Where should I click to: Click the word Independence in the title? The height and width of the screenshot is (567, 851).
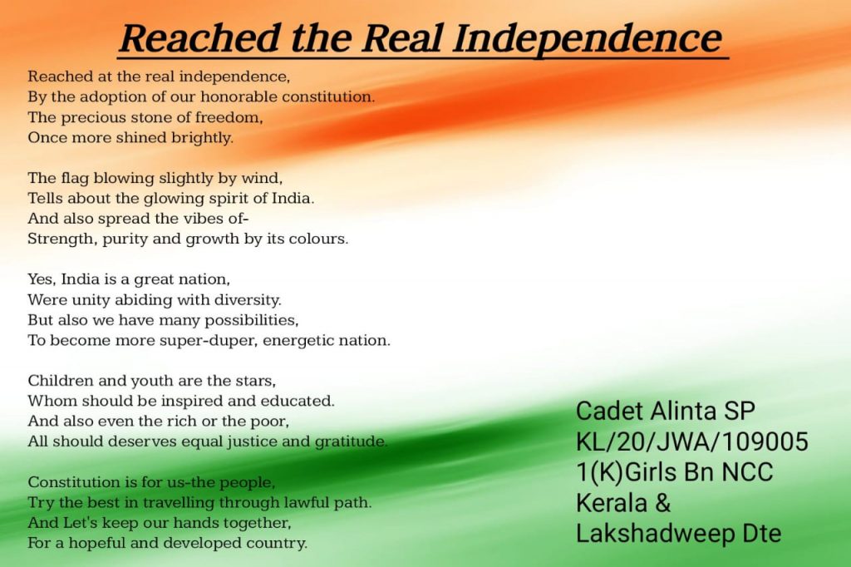tap(588, 38)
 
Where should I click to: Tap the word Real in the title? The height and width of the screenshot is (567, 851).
tap(402, 38)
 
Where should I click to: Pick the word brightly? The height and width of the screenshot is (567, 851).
tap(203, 138)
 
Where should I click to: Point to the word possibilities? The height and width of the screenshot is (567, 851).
tap(251, 320)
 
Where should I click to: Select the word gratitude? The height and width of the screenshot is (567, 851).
tap(352, 442)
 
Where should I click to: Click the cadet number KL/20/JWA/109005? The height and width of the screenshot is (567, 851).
tap(692, 441)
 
